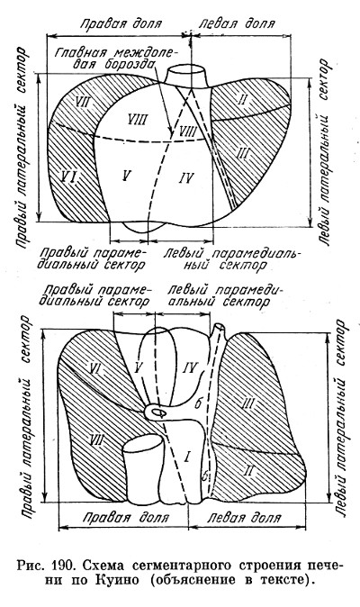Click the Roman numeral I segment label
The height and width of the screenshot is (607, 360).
187,458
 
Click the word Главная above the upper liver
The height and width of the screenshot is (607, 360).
80,52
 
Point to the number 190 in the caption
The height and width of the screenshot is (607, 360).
62,566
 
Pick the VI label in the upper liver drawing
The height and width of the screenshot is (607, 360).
70,177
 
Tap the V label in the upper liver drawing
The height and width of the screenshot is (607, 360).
125,176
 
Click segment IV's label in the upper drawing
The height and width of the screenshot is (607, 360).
186,178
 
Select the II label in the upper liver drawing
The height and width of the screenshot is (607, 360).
241,100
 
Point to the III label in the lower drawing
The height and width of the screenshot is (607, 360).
247,403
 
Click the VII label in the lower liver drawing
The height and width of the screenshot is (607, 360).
96,439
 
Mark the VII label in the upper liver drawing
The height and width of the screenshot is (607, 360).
83,103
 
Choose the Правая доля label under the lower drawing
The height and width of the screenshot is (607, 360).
126,518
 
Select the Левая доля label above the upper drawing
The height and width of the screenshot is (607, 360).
237,24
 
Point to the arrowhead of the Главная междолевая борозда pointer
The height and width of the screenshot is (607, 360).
170,132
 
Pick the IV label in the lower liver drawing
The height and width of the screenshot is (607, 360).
191,367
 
